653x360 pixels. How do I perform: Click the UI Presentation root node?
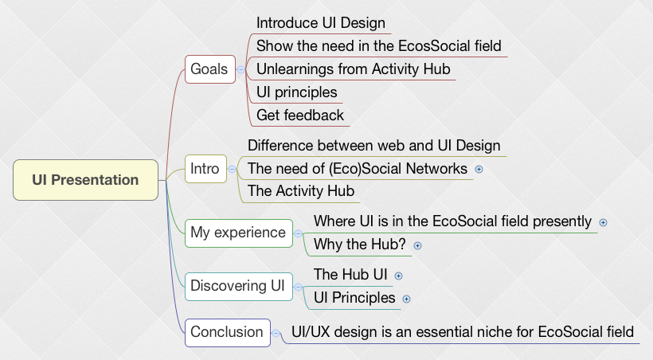click(85, 180)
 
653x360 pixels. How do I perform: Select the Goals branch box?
click(209, 69)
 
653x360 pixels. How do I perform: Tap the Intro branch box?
click(205, 169)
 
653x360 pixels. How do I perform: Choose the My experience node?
click(237, 233)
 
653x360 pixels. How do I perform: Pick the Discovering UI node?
click(238, 286)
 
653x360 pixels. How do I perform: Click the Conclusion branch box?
click(226, 332)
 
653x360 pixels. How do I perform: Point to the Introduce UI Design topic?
click(320, 23)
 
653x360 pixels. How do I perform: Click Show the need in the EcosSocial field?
click(378, 46)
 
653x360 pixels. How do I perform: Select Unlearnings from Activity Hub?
click(353, 69)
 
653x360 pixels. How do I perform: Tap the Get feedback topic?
click(300, 115)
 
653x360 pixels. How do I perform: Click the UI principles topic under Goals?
click(296, 92)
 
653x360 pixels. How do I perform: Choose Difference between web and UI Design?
click(373, 145)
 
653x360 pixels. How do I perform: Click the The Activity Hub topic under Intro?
click(300, 191)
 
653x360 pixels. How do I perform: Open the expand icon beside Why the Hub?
click(417, 245)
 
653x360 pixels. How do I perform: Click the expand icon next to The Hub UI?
click(399, 276)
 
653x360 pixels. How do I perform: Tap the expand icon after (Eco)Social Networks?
click(479, 169)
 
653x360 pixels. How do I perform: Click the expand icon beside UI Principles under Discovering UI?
click(406, 299)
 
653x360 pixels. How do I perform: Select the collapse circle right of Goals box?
click(240, 70)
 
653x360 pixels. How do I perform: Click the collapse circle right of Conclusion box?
click(275, 332)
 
